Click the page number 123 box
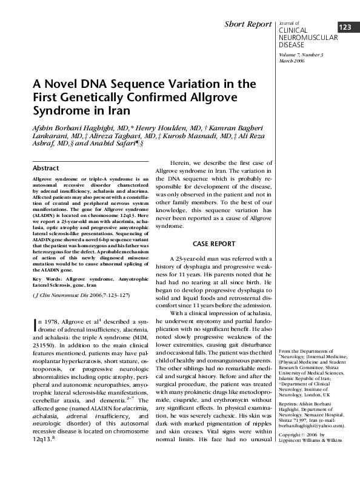pyautogui.click(x=345, y=28)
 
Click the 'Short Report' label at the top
pyautogui.click(x=248, y=24)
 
